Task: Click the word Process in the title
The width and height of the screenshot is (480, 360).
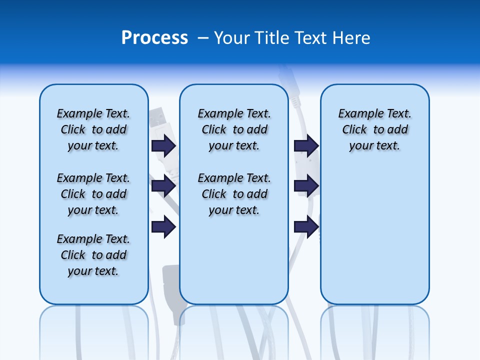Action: click(154, 38)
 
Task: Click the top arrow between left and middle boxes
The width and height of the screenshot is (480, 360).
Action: click(163, 145)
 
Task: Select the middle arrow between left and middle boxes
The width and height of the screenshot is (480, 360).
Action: click(163, 186)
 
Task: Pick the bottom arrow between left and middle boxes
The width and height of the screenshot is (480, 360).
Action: click(163, 227)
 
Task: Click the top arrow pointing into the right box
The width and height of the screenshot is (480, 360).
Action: click(306, 145)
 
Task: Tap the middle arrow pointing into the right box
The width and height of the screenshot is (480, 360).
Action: click(306, 186)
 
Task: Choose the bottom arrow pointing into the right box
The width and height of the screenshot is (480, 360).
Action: click(306, 227)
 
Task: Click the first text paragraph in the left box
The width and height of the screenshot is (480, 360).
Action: click(93, 129)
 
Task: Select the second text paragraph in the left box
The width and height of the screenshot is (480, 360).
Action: click(93, 194)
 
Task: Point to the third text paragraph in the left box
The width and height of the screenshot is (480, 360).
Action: click(93, 255)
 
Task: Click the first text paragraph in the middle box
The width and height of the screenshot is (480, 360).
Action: click(234, 129)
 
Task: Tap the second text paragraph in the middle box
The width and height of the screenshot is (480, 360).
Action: click(234, 194)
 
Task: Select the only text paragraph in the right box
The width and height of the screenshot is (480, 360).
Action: click(374, 129)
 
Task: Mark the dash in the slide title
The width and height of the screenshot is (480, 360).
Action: click(203, 38)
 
